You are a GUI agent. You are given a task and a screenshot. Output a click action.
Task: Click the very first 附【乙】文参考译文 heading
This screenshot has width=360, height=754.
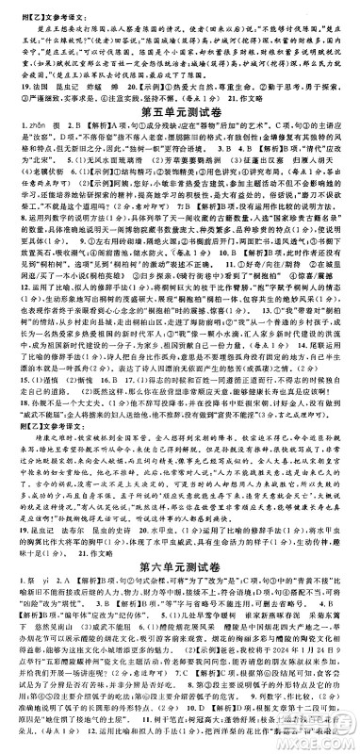[43, 8]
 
